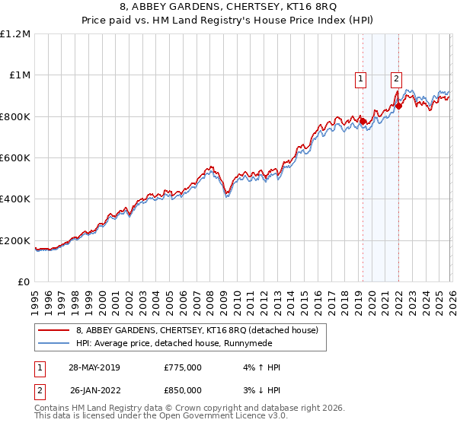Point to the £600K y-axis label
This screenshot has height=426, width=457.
[x=15, y=158]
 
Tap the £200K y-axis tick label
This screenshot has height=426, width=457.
[x=15, y=241]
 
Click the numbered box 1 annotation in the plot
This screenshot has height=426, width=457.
[x=359, y=77]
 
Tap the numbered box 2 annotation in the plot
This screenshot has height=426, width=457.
[x=397, y=77]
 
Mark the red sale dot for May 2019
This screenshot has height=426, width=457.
[x=363, y=122]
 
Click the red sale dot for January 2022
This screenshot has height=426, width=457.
[x=398, y=106]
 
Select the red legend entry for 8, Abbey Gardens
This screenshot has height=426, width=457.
[x=201, y=329]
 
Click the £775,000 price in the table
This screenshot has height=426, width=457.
[x=183, y=367]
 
